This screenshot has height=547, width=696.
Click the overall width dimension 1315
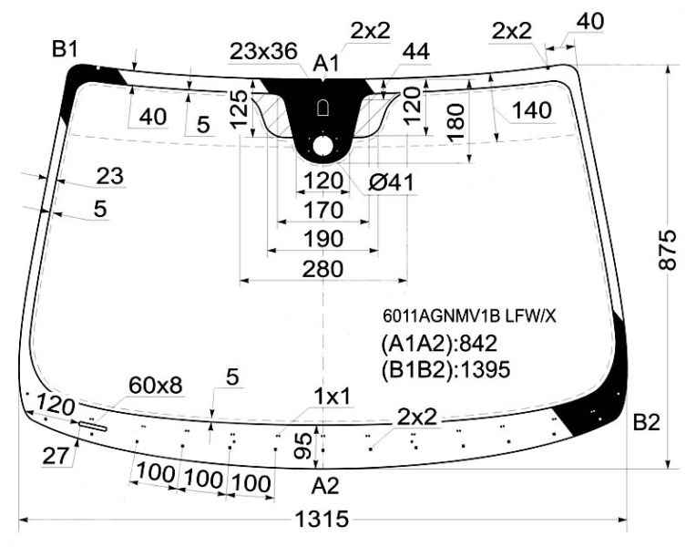point(322,519)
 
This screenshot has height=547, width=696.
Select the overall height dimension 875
point(667,250)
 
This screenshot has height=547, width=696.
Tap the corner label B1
point(65,48)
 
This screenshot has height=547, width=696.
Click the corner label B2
point(646,422)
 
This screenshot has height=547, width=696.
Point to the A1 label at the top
point(326,63)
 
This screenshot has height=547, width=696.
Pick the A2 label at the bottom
point(325,486)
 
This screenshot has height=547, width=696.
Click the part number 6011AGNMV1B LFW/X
point(469,316)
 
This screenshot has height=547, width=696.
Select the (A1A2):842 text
point(439,344)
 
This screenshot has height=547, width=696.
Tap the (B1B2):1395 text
point(445,370)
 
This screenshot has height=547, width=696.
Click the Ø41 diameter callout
point(391,182)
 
